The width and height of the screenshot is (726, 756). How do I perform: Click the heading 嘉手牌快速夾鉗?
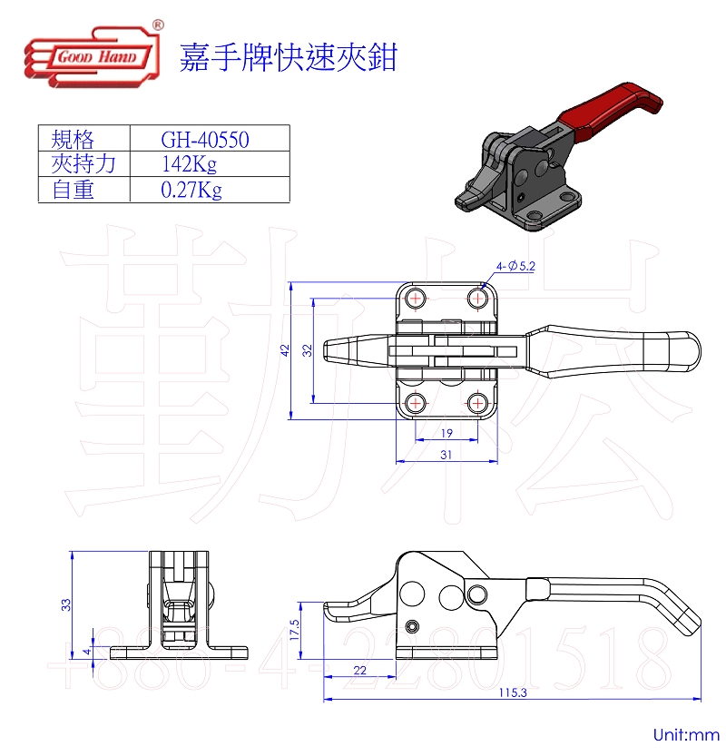(x=289, y=59)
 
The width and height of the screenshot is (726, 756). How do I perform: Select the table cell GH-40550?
(x=205, y=139)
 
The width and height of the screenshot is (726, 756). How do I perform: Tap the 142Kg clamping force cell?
(x=189, y=164)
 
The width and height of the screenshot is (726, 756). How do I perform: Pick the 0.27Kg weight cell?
(x=191, y=190)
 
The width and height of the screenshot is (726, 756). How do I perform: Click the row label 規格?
(x=74, y=139)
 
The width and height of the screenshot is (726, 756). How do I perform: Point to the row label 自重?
(x=74, y=190)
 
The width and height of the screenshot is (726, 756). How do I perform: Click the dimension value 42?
(x=284, y=349)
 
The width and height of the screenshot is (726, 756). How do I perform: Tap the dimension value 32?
(x=308, y=349)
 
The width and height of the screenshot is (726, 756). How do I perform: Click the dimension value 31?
(x=446, y=456)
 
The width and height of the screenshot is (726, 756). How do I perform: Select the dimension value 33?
(x=65, y=604)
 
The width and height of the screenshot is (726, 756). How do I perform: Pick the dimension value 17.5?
(x=295, y=630)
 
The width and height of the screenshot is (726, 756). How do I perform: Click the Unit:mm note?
(x=685, y=733)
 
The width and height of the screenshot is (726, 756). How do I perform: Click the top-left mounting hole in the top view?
(x=416, y=298)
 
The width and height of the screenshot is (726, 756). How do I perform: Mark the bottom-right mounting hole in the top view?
(x=477, y=401)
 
